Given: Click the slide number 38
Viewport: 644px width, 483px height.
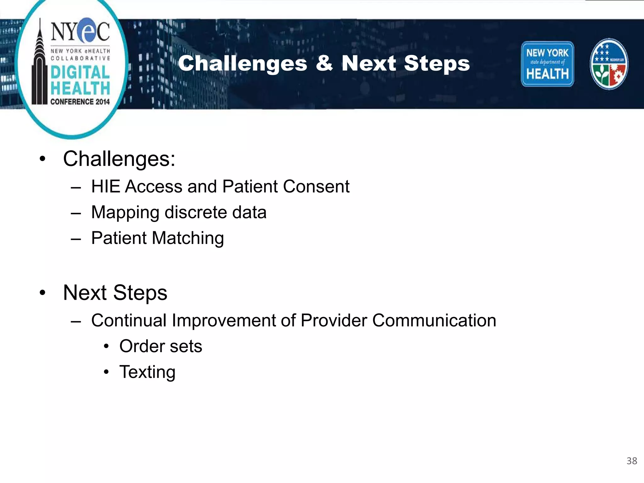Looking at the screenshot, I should (631, 461).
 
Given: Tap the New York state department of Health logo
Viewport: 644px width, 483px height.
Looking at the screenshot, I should (547, 64).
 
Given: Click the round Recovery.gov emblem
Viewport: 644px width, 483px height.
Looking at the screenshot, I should (609, 64).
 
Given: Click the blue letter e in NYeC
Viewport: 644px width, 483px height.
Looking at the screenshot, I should (87, 31).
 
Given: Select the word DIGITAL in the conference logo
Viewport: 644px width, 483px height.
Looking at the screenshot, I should (80, 72).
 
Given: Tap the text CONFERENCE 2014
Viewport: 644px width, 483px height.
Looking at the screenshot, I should (80, 102).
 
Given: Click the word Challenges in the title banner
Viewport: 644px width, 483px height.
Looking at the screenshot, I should (242, 64).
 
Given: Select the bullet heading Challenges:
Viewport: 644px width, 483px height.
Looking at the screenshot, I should (119, 159).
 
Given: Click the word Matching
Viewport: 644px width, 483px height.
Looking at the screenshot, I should (188, 238).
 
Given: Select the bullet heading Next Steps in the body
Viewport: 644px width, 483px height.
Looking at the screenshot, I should (115, 293).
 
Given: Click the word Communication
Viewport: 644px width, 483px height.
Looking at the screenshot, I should (434, 320).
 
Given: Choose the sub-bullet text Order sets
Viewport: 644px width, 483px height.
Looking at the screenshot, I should (161, 346).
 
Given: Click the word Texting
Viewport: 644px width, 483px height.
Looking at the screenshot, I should (147, 372).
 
